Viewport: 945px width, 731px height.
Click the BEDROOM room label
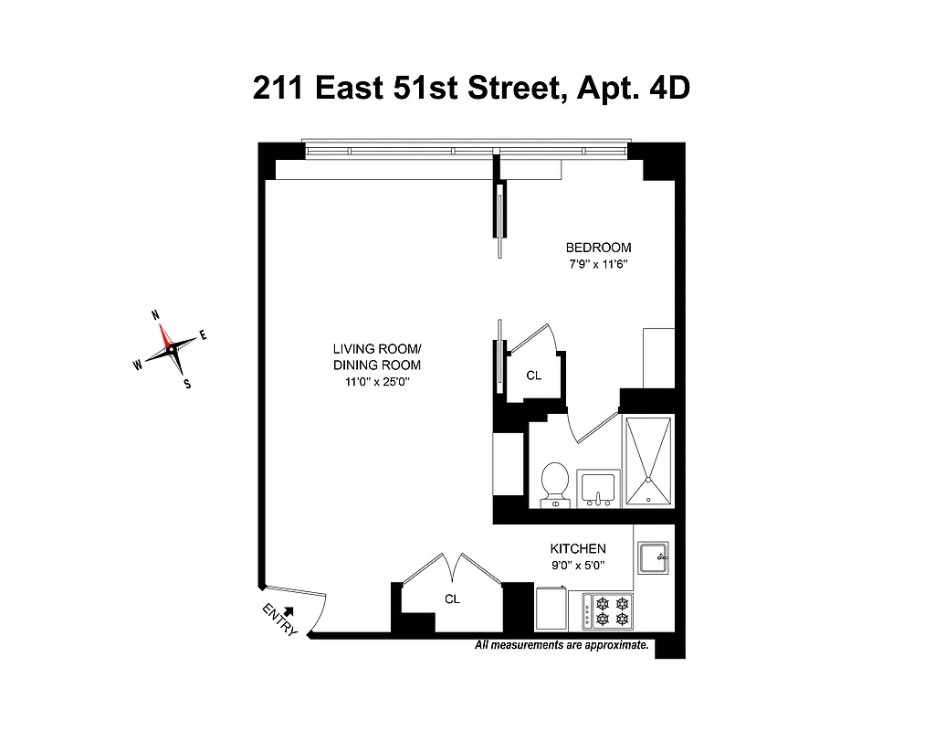(x=598, y=248)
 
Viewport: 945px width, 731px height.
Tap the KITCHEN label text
(x=577, y=548)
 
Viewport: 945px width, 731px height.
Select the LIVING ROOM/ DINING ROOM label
(x=376, y=357)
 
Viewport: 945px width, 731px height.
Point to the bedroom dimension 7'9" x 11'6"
(x=598, y=265)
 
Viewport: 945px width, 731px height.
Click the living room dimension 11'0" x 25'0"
(x=376, y=383)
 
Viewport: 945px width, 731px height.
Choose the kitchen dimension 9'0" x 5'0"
(x=577, y=566)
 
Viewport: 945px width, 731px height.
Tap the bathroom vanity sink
(x=599, y=488)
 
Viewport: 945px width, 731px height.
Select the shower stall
(x=649, y=461)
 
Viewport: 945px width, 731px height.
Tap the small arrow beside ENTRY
(x=289, y=611)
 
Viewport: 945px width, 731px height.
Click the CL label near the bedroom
(x=534, y=375)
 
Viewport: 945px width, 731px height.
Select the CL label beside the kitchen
(x=452, y=599)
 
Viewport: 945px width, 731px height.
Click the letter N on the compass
(x=155, y=315)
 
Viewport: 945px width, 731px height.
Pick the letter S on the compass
(x=187, y=385)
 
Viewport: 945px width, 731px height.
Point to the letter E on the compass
(x=203, y=335)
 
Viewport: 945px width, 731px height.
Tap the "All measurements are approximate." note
(x=562, y=645)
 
